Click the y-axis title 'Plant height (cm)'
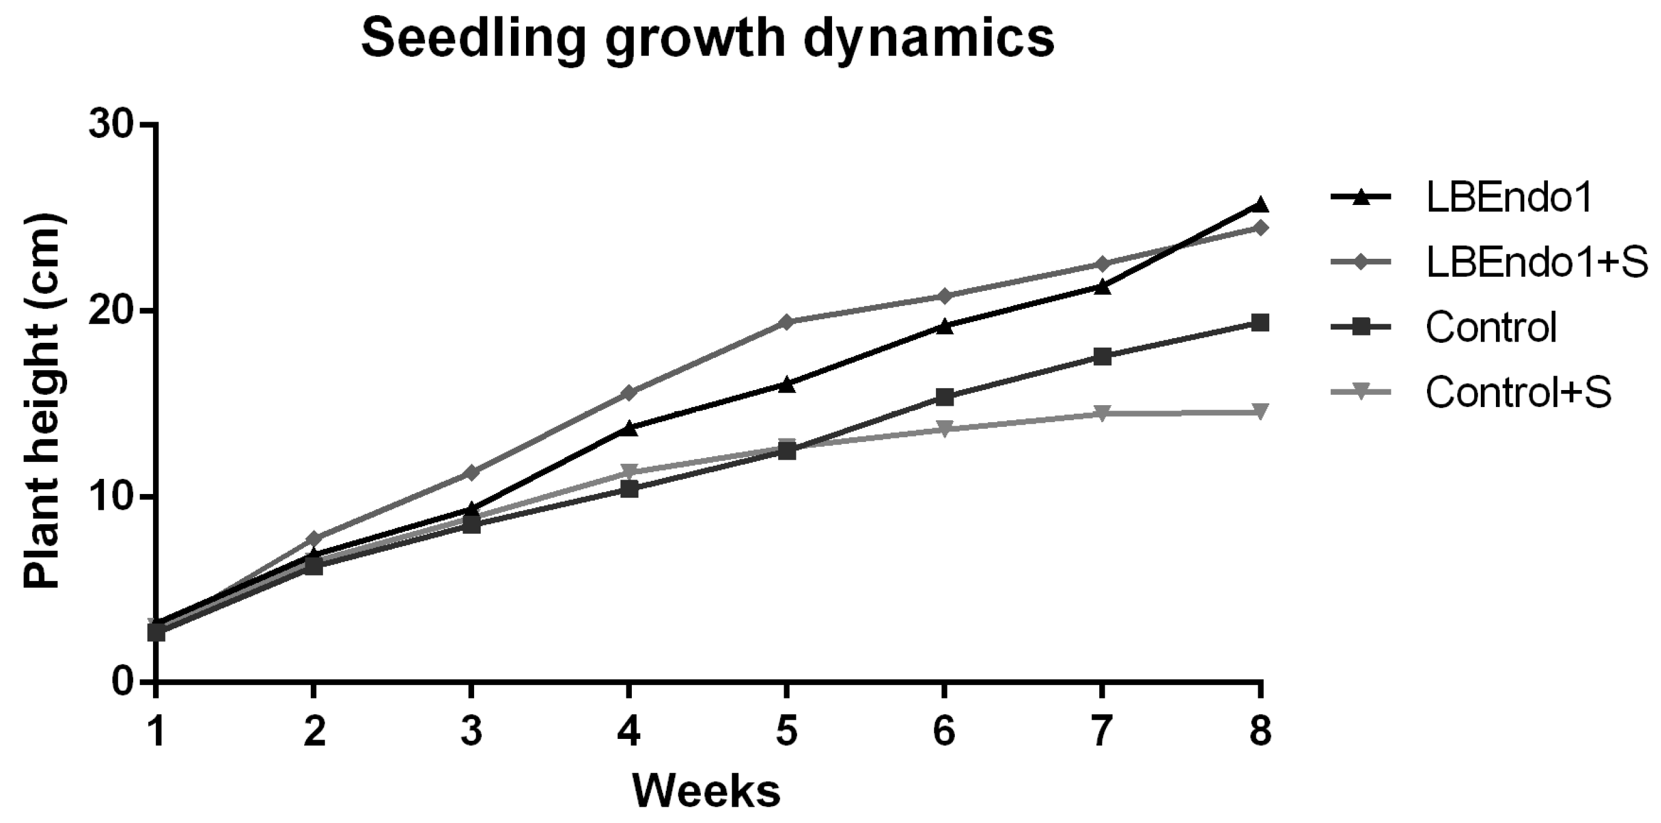[x=42, y=401]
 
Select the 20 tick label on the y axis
[x=115, y=311]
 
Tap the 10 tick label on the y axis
[x=115, y=497]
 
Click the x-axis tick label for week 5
[x=786, y=732]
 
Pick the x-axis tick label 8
[x=1260, y=732]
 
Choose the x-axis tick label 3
[x=472, y=732]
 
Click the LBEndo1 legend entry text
[x=1509, y=197]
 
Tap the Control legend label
[x=1490, y=327]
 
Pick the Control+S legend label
[x=1518, y=391]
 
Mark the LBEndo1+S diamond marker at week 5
[x=786, y=321]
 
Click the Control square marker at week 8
[x=1260, y=322]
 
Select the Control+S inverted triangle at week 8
[x=1260, y=411]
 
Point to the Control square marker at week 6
[x=944, y=397]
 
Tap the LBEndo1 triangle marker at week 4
[x=629, y=428]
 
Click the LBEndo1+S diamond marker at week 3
[x=472, y=473]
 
